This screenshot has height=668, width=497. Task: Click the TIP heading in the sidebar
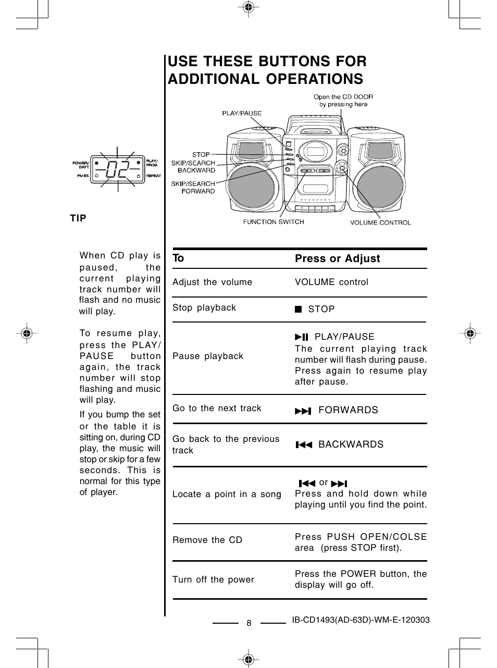pyautogui.click(x=78, y=218)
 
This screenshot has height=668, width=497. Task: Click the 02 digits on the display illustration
pyautogui.click(x=117, y=169)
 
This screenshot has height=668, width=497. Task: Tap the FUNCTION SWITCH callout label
pyautogui.click(x=274, y=222)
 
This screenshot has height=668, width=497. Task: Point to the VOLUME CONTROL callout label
pyautogui.click(x=380, y=222)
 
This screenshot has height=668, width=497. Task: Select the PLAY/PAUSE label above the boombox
pyautogui.click(x=242, y=113)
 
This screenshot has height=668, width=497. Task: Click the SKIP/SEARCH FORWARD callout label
pyautogui.click(x=193, y=187)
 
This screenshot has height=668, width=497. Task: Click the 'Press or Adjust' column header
pyautogui.click(x=337, y=258)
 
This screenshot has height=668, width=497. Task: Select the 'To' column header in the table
pyautogui.click(x=178, y=258)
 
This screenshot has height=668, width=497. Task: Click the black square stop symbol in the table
pyautogui.click(x=298, y=309)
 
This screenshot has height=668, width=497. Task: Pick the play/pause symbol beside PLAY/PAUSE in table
pyautogui.click(x=302, y=337)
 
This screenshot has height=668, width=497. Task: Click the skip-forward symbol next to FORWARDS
pyautogui.click(x=303, y=411)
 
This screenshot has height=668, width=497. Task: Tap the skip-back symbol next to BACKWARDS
pyautogui.click(x=304, y=444)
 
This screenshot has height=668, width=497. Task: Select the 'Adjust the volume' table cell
pyautogui.click(x=212, y=282)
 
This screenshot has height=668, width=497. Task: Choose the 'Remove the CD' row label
pyautogui.click(x=207, y=540)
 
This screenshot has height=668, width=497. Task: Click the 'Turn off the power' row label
pyautogui.click(x=213, y=579)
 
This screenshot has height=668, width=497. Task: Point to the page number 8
pyautogui.click(x=249, y=623)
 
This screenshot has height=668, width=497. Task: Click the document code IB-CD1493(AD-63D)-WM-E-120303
pyautogui.click(x=361, y=620)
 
